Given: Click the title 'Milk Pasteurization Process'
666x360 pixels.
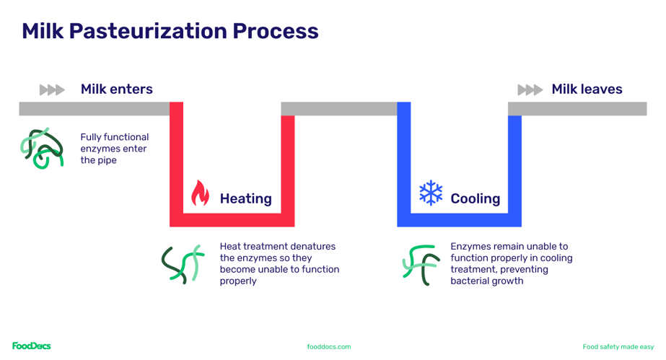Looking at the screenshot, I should point(170,31).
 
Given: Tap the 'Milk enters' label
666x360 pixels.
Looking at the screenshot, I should point(116,89).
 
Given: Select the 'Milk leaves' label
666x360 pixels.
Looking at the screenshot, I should point(587,89).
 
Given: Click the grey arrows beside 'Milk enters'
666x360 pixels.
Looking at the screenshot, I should point(52,90).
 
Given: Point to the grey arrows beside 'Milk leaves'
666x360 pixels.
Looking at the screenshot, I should point(530,90).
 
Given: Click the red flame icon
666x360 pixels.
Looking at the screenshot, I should point(200,193).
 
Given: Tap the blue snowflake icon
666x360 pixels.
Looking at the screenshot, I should point(431,193).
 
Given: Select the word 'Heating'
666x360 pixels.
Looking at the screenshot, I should point(245,198).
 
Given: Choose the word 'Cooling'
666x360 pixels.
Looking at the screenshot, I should point(475,198).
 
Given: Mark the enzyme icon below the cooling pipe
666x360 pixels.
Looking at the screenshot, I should point(420,264).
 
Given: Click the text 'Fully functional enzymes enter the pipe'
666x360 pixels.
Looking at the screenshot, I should point(114,149).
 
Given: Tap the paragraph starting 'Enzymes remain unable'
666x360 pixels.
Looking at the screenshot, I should point(511,263).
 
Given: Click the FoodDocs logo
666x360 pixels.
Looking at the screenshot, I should point(31,346).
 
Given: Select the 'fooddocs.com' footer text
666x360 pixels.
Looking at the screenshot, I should point(329,347).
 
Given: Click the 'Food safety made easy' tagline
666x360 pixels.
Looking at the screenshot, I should point(618,347).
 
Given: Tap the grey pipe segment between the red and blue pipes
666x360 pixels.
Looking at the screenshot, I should point(338,109).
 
